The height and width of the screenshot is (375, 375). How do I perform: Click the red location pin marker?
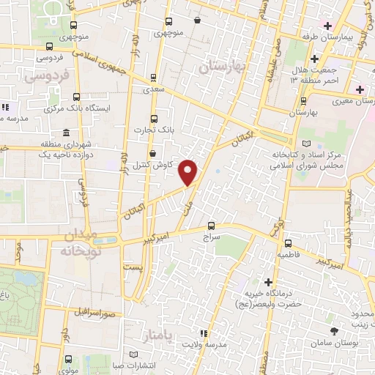pos(188,171)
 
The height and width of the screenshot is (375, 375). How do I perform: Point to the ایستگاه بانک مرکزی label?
pos(78,108)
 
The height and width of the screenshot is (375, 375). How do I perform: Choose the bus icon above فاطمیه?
pos(287,243)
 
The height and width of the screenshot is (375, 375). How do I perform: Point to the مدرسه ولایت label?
pos(203,344)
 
